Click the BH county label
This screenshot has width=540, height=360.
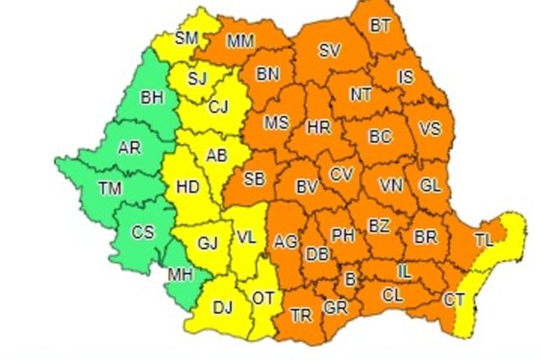152,98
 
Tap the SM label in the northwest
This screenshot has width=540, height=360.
186,38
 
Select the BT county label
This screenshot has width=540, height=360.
381,26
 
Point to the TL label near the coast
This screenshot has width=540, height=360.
484,239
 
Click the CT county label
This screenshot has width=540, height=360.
454,299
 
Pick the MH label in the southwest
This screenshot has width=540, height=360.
180,275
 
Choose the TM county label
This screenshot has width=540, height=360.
110,189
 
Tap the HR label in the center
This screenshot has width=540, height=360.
319,127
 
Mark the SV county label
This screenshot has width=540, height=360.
329,51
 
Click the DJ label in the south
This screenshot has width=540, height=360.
221,309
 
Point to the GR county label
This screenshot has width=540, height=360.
335,308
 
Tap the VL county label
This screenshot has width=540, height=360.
247,238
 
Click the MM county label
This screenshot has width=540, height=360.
239,40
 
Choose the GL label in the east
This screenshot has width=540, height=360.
431,185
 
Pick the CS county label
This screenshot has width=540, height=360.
143,232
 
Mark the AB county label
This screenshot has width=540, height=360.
217,155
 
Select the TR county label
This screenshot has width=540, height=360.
301,316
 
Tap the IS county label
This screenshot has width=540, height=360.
406,77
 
